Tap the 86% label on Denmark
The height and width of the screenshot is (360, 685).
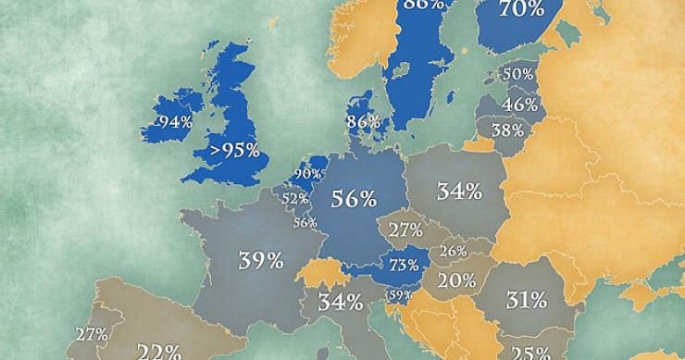363,121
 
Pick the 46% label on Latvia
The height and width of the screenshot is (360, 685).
521,105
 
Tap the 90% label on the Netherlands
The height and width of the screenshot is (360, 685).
307,174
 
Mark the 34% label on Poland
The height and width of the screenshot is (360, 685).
459,192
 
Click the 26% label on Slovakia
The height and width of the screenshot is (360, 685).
453,251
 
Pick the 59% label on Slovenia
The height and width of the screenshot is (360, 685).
399,296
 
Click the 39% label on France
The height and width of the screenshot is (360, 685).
261,260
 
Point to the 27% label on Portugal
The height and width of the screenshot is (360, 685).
92,335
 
